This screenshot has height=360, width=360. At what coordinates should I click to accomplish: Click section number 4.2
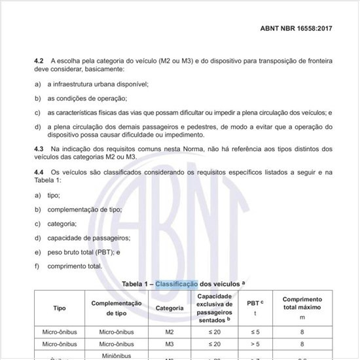39,60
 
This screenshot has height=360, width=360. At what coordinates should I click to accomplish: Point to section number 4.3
39,150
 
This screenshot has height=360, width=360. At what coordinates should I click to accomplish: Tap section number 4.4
39,172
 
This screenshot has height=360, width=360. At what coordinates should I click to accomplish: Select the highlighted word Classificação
175,284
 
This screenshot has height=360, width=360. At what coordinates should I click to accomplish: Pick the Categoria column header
170,308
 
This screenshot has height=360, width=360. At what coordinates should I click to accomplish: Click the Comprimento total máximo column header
302,308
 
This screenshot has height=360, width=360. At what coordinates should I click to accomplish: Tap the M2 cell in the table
170,332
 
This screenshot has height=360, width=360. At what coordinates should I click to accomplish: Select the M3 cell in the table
170,343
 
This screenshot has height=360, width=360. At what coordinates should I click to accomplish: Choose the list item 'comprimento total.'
75,266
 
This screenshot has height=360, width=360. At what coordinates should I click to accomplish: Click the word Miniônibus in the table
117,355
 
